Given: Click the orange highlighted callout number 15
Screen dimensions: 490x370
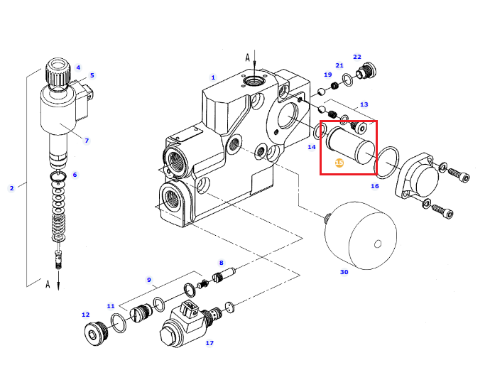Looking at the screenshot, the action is tap(339, 163).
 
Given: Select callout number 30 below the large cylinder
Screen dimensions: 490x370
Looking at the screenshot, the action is tap(344, 272).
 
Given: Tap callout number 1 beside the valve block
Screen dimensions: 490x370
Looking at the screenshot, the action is tap(213, 77).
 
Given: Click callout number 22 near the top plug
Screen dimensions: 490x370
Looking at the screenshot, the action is tap(357, 57).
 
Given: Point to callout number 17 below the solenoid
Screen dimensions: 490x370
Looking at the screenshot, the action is tap(209, 343).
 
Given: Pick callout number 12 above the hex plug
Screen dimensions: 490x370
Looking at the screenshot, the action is tap(86, 315).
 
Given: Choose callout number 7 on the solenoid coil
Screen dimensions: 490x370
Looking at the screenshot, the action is tap(87, 141).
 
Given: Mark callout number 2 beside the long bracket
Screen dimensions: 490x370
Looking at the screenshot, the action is tap(11, 188).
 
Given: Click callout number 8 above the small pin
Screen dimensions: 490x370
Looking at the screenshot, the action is tap(222, 263).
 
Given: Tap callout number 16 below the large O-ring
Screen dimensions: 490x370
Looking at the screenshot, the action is tap(375, 186).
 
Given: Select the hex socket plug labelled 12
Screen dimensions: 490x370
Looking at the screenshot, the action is tap(96, 334).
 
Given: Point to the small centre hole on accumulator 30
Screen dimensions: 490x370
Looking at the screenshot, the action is tap(378, 244).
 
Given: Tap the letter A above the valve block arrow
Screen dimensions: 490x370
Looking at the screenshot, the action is tap(248, 58).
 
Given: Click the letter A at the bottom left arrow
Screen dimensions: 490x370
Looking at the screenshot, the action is tap(48, 284).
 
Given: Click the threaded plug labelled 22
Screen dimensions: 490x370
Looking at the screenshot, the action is tap(366, 71).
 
